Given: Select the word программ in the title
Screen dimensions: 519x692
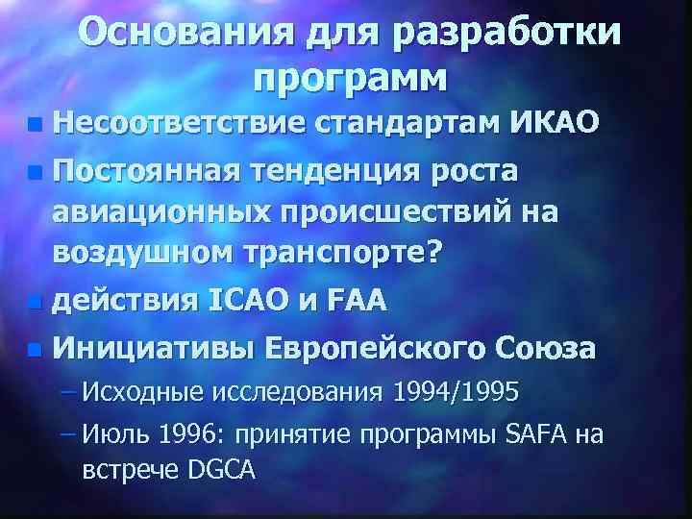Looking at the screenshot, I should pyautogui.click(x=351, y=77).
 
